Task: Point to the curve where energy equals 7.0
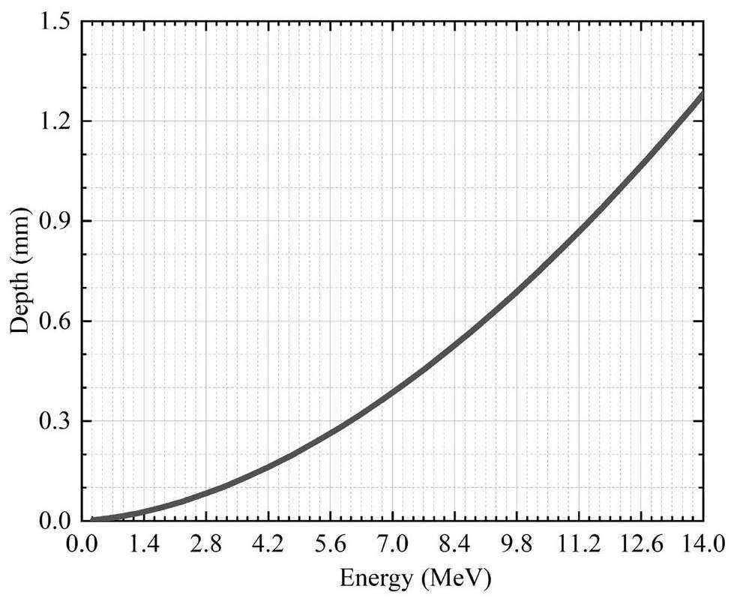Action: point(392,394)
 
